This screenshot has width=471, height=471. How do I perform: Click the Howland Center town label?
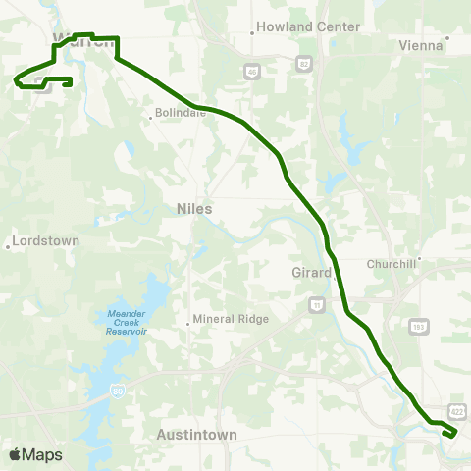[x=296, y=27]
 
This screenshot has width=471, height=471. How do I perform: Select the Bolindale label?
[x=180, y=114]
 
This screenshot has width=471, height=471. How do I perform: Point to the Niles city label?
[x=194, y=208]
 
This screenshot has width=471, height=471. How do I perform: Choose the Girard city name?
[x=312, y=272]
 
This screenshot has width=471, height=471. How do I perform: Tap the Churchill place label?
[x=392, y=264]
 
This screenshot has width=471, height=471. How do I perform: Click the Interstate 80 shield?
[x=118, y=391]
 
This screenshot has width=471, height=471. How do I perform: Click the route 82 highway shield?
[x=304, y=63]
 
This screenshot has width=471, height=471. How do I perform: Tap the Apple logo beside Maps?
[x=15, y=454]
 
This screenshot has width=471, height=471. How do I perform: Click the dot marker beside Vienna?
[x=447, y=40]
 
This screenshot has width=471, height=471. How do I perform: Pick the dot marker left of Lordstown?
[x=9, y=245]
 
